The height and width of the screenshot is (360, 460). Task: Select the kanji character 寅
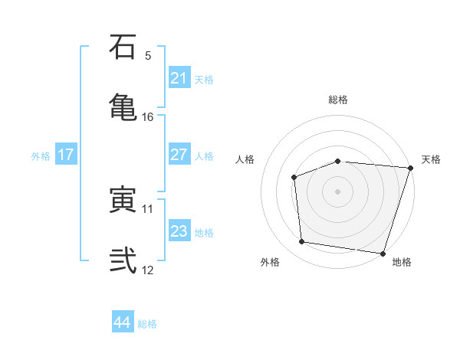[123, 201]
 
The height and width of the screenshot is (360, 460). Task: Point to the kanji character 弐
[123, 260]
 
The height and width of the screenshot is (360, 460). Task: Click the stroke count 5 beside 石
[148, 56]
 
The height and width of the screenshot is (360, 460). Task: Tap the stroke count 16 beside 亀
[148, 116]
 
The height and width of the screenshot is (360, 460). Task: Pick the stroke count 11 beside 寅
[148, 208]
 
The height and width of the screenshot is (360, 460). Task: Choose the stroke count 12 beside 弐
[148, 270]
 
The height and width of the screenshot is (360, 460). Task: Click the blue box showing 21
[179, 77]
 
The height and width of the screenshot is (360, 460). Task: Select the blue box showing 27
[179, 154]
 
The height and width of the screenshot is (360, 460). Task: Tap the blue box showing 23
[179, 231]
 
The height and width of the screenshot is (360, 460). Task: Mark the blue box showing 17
[66, 155]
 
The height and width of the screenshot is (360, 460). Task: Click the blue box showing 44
[122, 322]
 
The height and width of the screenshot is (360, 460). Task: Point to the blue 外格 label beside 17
[41, 156]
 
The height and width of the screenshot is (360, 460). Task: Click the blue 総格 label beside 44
[147, 324]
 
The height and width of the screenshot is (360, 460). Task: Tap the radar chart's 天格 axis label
[431, 159]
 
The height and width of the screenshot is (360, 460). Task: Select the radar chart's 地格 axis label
[402, 263]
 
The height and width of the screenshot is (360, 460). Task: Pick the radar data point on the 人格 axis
[294, 177]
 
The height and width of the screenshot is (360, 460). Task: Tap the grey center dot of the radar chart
[337, 191]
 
